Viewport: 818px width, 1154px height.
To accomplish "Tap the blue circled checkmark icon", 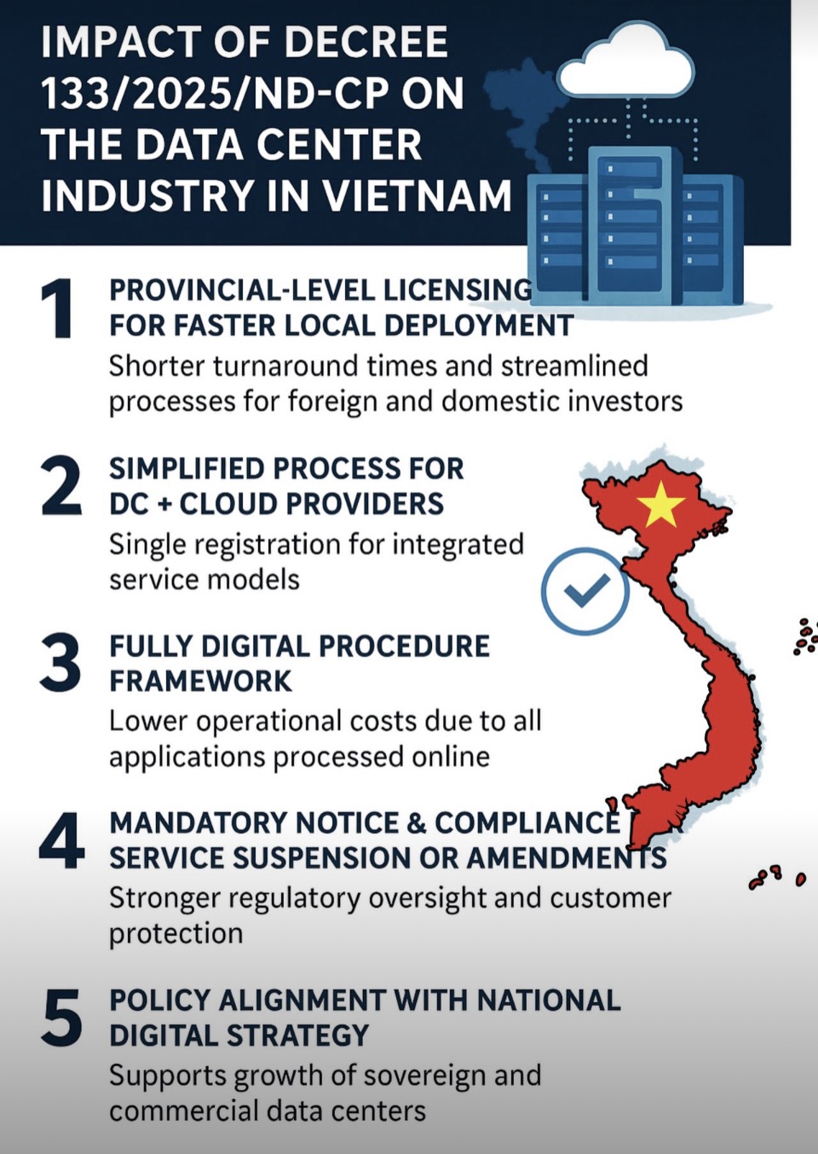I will [585, 591].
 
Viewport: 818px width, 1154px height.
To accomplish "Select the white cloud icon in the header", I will [626, 60].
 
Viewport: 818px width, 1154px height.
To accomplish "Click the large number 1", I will [58, 309].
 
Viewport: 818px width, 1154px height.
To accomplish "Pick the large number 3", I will [60, 662].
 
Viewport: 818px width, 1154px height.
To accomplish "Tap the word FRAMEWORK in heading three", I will [200, 681].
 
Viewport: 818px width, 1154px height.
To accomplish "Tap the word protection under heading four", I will [176, 934].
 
